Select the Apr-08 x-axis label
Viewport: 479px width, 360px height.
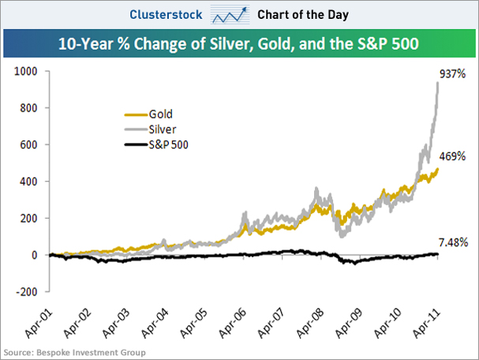click(313, 321)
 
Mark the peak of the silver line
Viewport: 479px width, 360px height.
click(436, 82)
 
